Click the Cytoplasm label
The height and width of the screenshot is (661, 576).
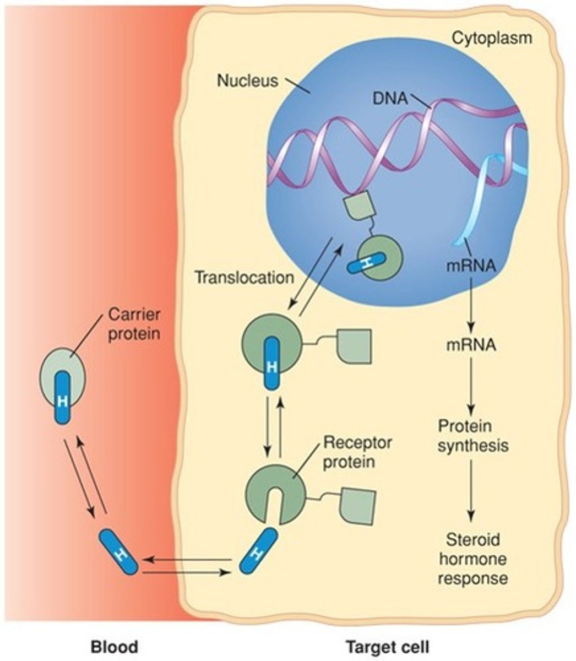[492, 38]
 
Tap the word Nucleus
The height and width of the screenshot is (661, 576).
[247, 80]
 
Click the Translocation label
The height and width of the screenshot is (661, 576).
[244, 277]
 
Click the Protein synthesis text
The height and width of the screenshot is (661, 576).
[472, 435]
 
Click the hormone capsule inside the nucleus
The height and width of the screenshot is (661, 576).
[366, 263]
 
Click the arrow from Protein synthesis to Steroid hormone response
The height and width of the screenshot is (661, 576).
[470, 490]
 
